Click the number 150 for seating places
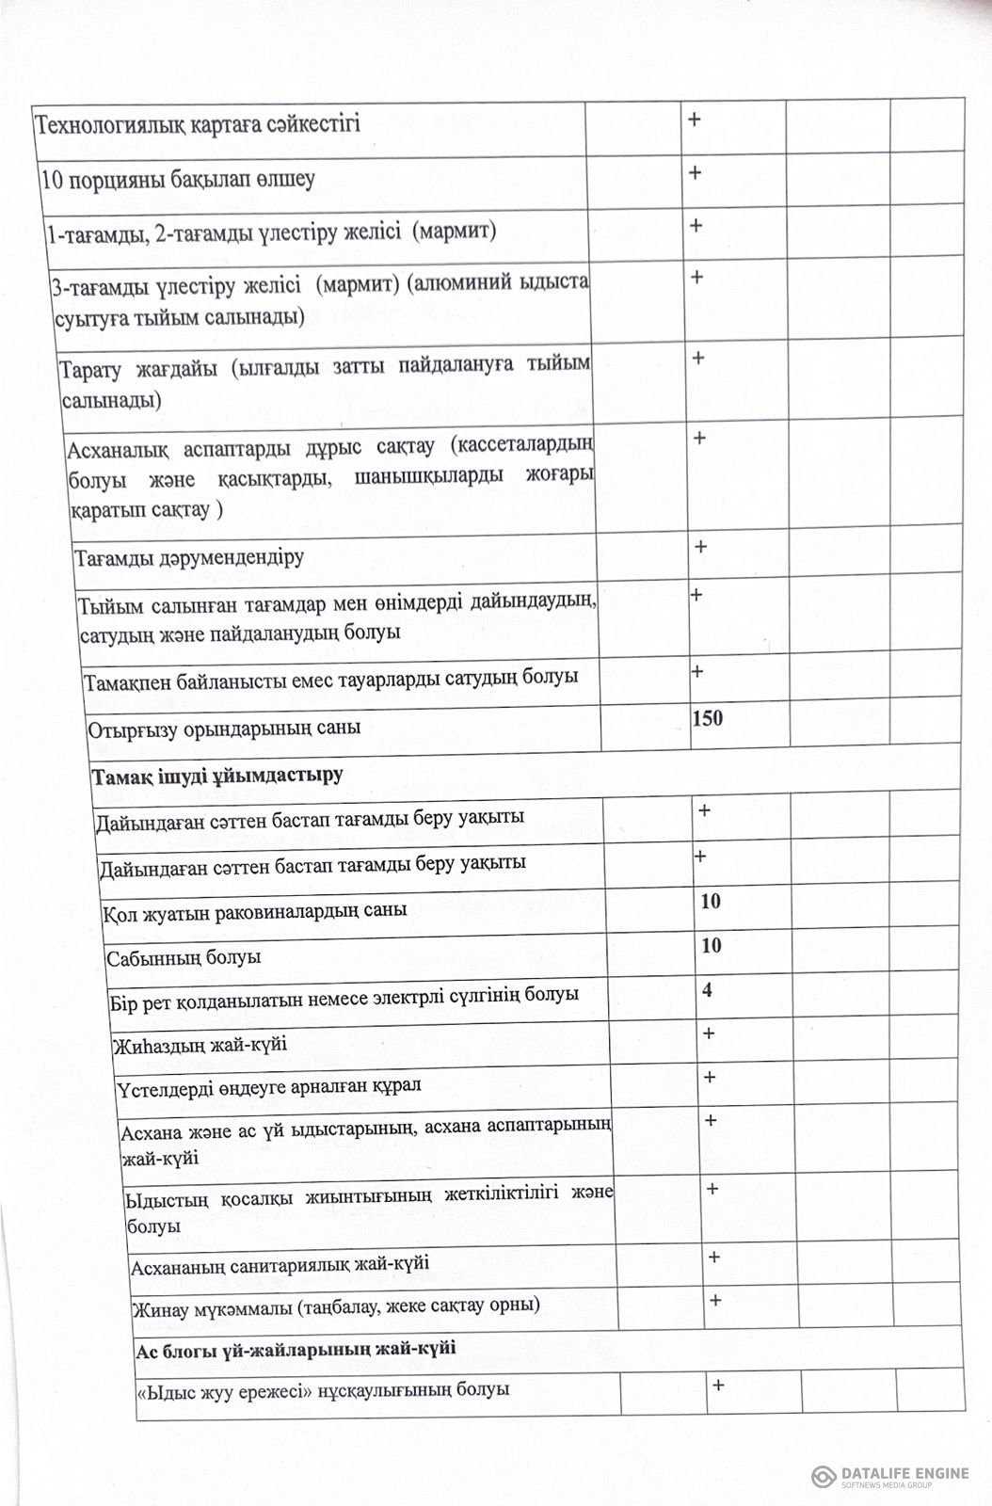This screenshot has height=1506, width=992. coord(708,719)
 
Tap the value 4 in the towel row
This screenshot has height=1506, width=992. coord(707,989)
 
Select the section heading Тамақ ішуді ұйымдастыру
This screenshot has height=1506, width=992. coord(216,776)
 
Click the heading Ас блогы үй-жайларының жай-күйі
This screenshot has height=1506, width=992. coord(297,1347)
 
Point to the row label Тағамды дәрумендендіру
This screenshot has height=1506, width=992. coord(189,557)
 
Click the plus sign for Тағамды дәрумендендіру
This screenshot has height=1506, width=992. coord(700,547)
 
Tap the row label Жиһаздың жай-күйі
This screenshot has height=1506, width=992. coord(200,1045)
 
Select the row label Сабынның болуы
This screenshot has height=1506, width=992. coord(184,958)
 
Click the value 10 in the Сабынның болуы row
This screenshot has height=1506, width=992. coord(712,945)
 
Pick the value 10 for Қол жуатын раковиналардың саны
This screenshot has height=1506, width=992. coord(711,901)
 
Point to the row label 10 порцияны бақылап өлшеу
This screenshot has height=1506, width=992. coord(178,179)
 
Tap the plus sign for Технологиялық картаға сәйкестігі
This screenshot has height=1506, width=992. coord(696,120)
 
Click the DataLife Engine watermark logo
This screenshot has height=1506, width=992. coord(889,1475)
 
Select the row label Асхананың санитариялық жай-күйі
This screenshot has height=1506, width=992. coord(280,1263)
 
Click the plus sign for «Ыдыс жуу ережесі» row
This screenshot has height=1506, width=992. coord(718,1385)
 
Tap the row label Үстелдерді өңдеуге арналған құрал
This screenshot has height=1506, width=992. coord(270,1085)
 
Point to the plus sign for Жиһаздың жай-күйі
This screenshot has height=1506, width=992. coord(710,1033)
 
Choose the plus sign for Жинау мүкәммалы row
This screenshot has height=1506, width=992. coord(715,1300)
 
